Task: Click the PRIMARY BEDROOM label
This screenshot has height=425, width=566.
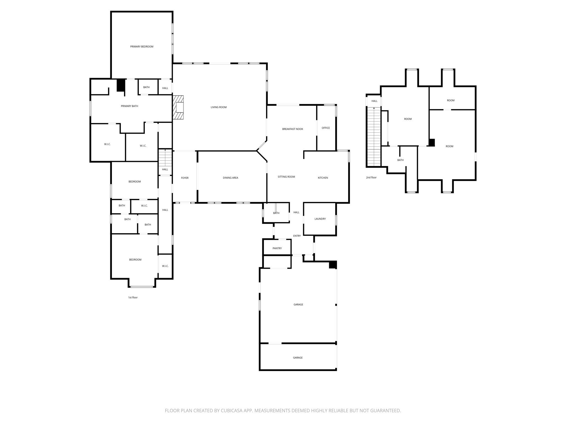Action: tap(141, 46)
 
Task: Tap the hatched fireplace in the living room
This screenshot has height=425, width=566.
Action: tap(179, 107)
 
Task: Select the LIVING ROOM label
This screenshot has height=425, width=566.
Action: tap(219, 107)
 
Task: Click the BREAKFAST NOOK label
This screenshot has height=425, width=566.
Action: tap(292, 129)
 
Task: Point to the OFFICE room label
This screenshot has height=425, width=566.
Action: tap(326, 128)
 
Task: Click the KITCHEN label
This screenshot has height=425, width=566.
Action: tap(323, 178)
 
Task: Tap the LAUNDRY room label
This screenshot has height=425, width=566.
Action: tap(320, 219)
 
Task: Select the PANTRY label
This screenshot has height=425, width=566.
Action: tap(277, 248)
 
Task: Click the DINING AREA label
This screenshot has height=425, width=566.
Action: tap(230, 178)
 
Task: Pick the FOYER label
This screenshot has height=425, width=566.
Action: tap(185, 178)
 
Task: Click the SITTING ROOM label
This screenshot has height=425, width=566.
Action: tap(286, 177)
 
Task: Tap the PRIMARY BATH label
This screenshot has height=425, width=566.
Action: tap(129, 106)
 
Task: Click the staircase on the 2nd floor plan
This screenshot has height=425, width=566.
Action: tap(374, 137)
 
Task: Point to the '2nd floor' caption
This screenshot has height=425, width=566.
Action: tap(371, 177)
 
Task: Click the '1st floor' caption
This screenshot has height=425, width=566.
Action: tap(133, 297)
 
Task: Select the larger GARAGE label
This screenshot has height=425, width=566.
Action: tap(298, 304)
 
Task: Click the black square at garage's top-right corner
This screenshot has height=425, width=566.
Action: tap(333, 265)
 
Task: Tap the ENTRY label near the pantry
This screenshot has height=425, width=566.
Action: tap(297, 236)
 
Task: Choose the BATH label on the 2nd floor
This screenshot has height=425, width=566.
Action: tap(400, 160)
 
